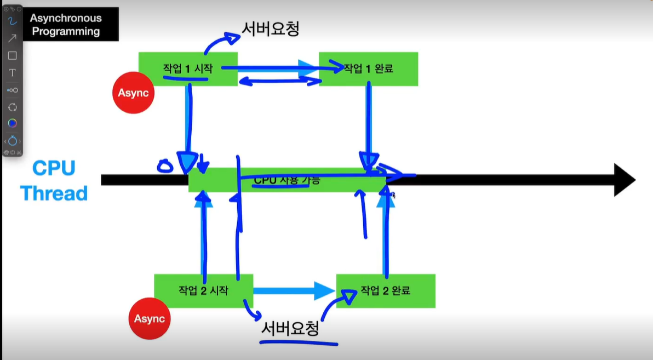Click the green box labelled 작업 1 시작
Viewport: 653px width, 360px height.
pyautogui.click(x=187, y=68)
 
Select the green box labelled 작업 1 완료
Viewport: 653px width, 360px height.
pyautogui.click(x=368, y=68)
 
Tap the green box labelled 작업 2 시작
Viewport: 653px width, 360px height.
pyautogui.click(x=203, y=290)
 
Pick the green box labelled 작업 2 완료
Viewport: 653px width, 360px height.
pyautogui.click(x=386, y=290)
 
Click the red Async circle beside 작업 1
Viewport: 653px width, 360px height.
pyautogui.click(x=133, y=93)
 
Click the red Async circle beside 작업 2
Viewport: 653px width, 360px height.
pyautogui.click(x=149, y=318)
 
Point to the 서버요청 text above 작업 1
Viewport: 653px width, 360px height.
pyautogui.click(x=271, y=28)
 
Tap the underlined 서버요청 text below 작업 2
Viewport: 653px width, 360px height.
pyautogui.click(x=290, y=329)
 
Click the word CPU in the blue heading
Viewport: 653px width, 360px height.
pyautogui.click(x=53, y=168)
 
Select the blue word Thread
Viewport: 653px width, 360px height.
pyautogui.click(x=54, y=193)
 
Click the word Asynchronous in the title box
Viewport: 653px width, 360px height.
pyautogui.click(x=66, y=18)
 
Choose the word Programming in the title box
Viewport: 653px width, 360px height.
pyautogui.click(x=66, y=31)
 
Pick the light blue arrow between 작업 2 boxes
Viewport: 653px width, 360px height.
pyautogui.click(x=294, y=290)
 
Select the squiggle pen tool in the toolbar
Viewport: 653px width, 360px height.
pyautogui.click(x=12, y=21)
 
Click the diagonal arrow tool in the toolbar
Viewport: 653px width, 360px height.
pyautogui.click(x=12, y=38)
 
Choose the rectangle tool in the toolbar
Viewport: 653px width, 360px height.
pyautogui.click(x=12, y=55)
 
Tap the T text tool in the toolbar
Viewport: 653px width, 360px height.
pyautogui.click(x=12, y=72)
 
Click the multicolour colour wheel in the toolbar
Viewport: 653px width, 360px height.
pyautogui.click(x=12, y=123)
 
